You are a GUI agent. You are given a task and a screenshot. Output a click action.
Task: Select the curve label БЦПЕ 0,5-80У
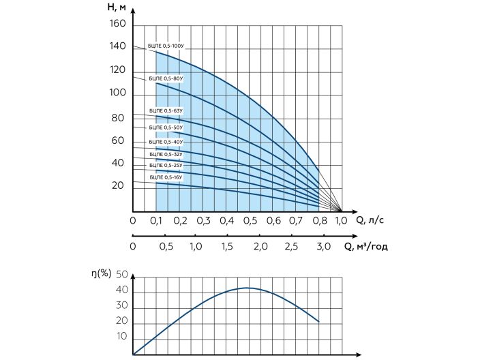click(166, 79)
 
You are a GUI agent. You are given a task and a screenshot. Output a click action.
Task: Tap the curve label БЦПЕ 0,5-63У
click(166, 110)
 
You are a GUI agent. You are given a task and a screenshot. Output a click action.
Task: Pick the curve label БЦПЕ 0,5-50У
click(166, 127)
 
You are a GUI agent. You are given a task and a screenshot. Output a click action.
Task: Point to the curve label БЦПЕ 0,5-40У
click(166, 142)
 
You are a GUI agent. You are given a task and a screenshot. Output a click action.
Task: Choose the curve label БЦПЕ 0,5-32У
click(166, 155)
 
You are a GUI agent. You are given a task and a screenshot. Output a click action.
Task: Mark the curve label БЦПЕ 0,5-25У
click(166, 166)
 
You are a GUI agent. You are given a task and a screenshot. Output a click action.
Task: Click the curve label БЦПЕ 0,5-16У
click(166, 177)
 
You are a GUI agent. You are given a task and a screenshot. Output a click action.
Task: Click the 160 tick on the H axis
click(117, 24)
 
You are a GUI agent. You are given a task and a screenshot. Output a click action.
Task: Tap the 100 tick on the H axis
click(117, 93)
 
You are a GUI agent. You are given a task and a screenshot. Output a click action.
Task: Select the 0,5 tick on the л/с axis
click(250, 221)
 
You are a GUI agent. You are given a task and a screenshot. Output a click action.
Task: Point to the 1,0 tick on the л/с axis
click(342, 221)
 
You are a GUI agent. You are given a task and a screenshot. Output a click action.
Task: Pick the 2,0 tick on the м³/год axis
click(260, 246)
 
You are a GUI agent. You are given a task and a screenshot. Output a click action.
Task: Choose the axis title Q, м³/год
click(365, 246)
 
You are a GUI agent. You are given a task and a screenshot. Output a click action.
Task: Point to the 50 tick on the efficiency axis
click(123, 275)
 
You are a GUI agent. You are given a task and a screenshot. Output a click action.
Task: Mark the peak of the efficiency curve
click(247, 288)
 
